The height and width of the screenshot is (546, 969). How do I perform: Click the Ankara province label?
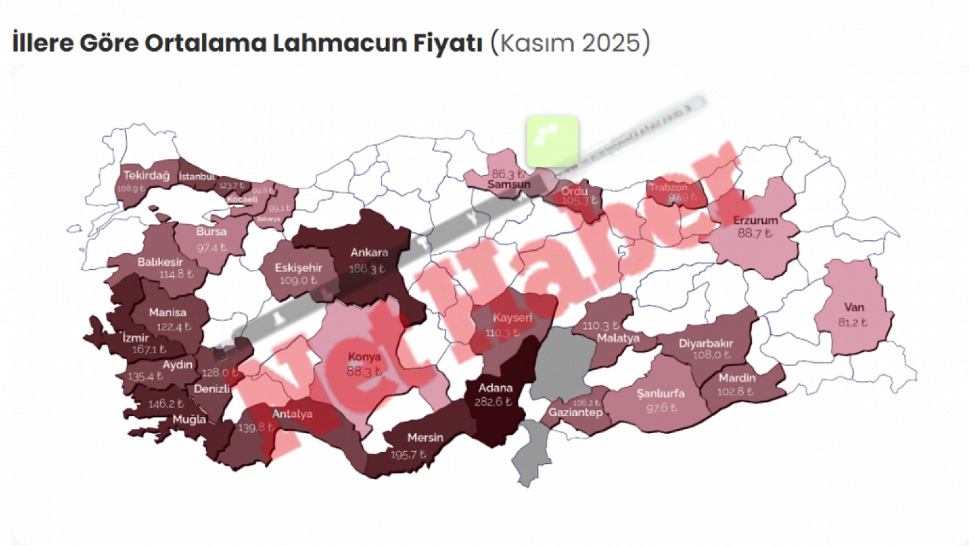coord(369,253)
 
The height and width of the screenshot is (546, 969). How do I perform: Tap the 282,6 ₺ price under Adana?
coord(493,402)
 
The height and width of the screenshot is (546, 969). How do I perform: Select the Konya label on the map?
coord(364,357)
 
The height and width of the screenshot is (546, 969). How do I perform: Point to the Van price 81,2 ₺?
coord(853,322)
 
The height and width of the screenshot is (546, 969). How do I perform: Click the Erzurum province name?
coord(755,220)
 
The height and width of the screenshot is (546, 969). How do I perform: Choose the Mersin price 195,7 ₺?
coord(408,455)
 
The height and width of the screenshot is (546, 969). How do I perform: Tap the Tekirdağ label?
coord(146,175)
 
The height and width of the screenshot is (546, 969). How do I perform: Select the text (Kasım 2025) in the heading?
coord(570,43)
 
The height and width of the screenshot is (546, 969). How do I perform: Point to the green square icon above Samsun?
coord(552,141)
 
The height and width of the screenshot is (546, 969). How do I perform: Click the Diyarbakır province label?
coord(706,344)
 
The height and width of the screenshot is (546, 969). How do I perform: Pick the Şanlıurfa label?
coord(661,394)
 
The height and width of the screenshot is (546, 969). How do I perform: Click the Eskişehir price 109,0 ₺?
coord(298,281)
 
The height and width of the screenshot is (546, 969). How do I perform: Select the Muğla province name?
coord(189,419)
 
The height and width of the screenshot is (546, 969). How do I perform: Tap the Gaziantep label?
coord(575,412)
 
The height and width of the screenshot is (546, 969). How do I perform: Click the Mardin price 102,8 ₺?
coord(735,391)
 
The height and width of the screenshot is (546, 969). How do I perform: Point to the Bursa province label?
coord(211,232)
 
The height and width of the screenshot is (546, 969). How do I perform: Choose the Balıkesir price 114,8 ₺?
coord(176,274)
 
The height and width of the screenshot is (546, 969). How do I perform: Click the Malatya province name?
coord(618,338)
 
